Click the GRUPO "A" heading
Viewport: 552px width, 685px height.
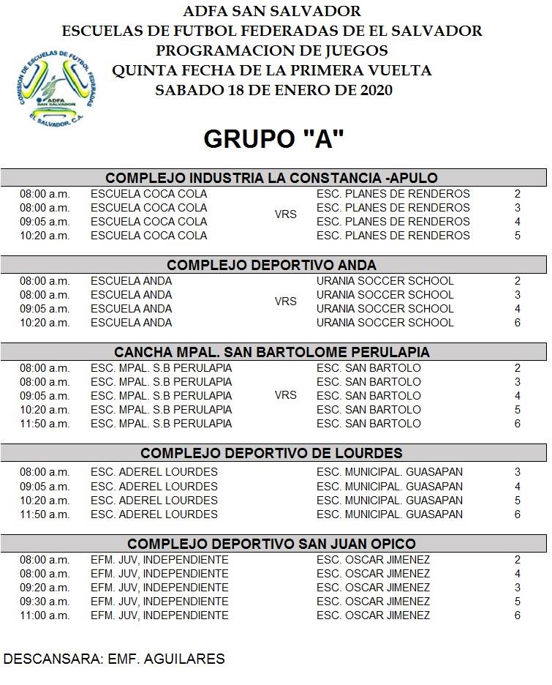[x=273, y=139]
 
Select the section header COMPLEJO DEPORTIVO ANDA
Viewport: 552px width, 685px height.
[x=272, y=265]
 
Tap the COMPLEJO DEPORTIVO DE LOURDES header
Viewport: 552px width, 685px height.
[x=272, y=453]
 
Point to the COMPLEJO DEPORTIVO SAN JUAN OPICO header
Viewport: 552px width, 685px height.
[x=272, y=544]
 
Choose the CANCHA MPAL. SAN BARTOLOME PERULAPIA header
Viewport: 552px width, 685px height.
[x=272, y=352]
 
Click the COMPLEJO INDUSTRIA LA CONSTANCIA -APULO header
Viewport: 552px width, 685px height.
[x=272, y=178]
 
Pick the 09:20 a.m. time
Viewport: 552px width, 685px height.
[x=45, y=588]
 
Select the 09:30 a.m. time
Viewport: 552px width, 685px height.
[x=45, y=602]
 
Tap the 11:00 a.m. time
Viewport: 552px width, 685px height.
[x=45, y=615]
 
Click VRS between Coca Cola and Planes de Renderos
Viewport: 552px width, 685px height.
[x=285, y=214]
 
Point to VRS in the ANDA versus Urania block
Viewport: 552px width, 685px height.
[x=285, y=302]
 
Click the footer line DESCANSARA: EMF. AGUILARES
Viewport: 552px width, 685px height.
[x=114, y=659]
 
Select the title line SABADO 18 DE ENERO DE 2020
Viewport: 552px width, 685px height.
[x=273, y=90]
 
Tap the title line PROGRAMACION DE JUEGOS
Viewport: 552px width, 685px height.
[x=272, y=51]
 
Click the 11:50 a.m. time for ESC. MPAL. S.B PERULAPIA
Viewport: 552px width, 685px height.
[x=45, y=424]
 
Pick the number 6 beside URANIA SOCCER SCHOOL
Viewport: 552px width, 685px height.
[x=518, y=323]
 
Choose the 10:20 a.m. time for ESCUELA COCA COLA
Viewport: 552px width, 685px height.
[x=45, y=236]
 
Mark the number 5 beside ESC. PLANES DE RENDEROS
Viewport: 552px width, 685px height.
[x=518, y=236]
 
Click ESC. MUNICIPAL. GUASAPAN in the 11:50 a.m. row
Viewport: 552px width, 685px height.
[x=389, y=514]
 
